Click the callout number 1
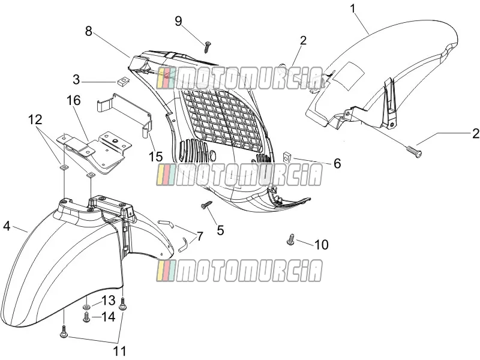tap(353, 8)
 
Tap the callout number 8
tap(88, 31)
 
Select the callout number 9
tap(178, 21)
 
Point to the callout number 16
tap(73, 100)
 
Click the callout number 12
tap(35, 119)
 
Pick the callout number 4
tap(7, 226)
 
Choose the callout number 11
tap(119, 351)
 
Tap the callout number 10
tap(322, 245)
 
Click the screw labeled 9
tap(207, 47)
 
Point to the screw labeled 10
tap(291, 239)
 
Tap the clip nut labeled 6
tap(286, 157)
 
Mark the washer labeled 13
tap(86, 307)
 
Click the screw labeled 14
tap(86, 317)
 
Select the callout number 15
tap(155, 157)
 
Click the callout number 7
tap(200, 236)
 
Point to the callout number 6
tap(337, 163)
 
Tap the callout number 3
tap(76, 80)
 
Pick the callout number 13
tap(109, 301)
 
